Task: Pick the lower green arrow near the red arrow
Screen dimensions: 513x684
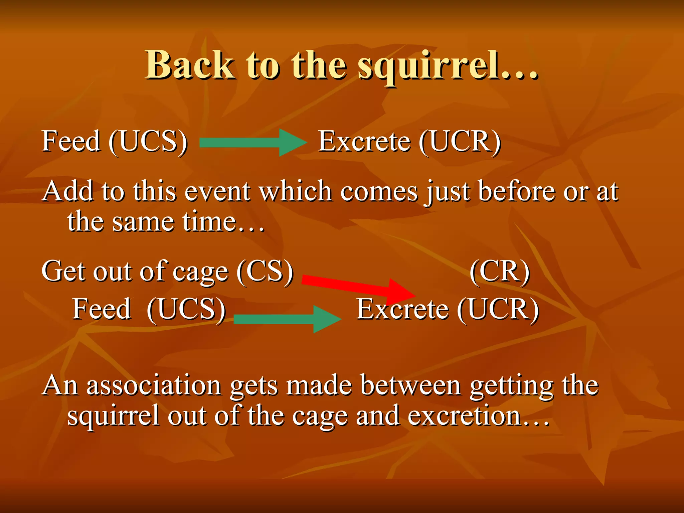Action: coord(287,319)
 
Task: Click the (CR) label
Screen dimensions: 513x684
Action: coord(499,272)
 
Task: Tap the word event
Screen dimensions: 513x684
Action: coord(217,192)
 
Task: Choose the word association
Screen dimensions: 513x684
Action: coord(154,385)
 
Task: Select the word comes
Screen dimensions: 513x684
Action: coord(379,192)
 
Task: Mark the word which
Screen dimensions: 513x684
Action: coord(296,191)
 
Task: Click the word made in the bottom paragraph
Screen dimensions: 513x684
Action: coord(319,385)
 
